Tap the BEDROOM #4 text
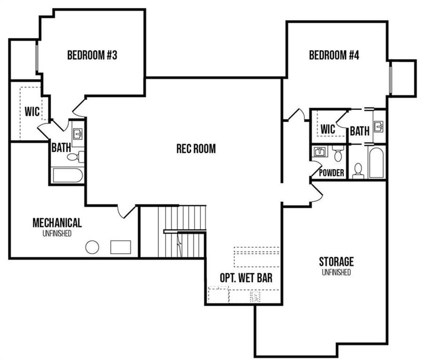coord(334,55)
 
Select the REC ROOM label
coord(196,149)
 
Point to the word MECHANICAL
coord(57,222)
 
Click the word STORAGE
coord(336,261)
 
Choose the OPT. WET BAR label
coord(246,278)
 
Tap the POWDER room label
coord(332,173)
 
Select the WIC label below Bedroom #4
coord(328,129)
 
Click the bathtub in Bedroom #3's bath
coord(67,176)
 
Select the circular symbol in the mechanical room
coord(93,247)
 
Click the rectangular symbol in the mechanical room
coord(121,247)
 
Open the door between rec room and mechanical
coord(126,211)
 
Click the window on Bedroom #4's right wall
coord(390,79)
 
